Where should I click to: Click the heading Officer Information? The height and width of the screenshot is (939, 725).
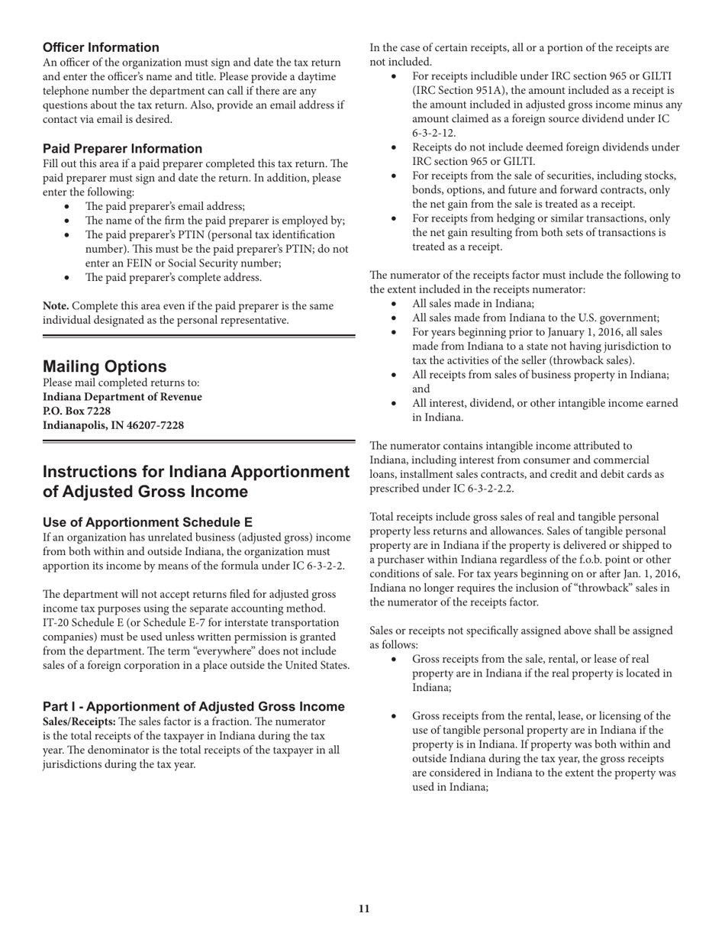(101, 47)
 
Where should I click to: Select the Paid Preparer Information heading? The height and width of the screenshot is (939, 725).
(122, 149)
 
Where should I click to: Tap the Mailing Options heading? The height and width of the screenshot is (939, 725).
(105, 366)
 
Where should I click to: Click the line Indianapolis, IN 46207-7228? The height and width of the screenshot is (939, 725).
(113, 425)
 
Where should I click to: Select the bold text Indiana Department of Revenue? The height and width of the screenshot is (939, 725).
(122, 397)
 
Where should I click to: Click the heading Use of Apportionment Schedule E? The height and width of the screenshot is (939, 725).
(147, 522)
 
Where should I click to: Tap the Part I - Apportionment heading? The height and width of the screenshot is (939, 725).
(193, 706)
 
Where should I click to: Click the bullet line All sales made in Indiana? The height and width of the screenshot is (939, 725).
(473, 304)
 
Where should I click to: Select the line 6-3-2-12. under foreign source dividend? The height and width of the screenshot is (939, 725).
(434, 133)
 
